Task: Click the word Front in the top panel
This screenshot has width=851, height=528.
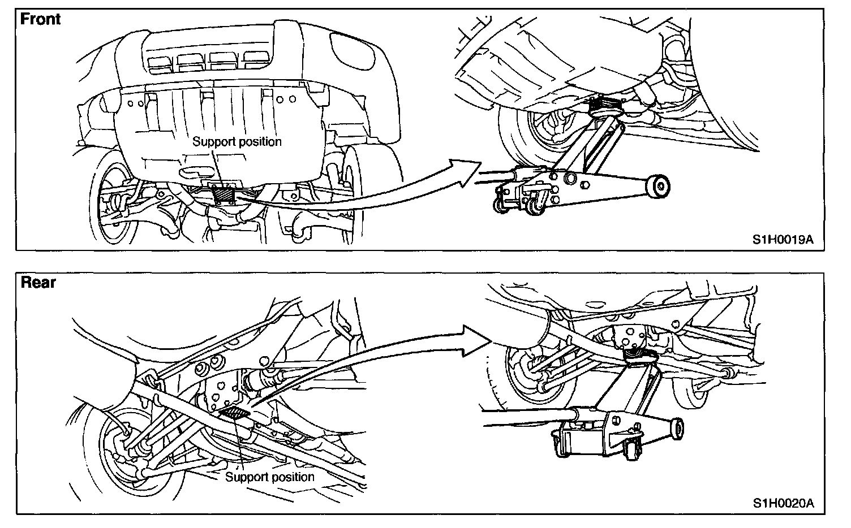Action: [x=40, y=19]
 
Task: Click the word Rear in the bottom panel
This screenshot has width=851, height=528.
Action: [x=38, y=282]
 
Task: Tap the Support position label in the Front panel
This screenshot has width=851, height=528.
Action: [x=237, y=141]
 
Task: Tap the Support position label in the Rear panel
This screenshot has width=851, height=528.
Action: [x=269, y=477]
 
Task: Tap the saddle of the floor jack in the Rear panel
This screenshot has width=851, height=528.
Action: [x=639, y=356]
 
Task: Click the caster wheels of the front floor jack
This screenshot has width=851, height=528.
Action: [x=518, y=204]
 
